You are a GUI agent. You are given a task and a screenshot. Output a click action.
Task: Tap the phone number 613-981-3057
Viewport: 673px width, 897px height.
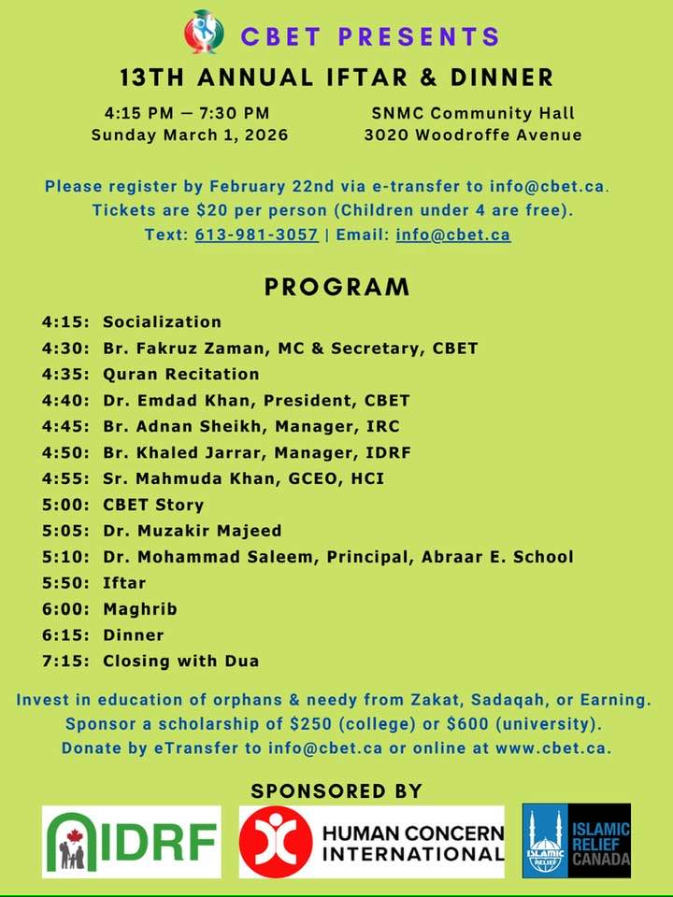pos(256,235)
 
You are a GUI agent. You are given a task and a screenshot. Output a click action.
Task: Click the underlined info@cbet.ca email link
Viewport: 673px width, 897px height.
pos(453,235)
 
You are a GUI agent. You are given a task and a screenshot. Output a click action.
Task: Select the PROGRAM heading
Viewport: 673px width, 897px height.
pos(336,287)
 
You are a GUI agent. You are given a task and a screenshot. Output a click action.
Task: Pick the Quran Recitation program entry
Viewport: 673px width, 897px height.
pos(181,375)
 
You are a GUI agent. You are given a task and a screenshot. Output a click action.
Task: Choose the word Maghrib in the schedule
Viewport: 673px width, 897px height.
pos(140,609)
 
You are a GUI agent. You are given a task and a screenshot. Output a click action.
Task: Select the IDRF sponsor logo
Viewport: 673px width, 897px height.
pos(132,841)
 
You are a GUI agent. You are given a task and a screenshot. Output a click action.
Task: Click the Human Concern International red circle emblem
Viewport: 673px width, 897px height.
pos(276,841)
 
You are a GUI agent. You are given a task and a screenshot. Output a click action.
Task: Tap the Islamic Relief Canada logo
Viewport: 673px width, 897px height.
pos(576,841)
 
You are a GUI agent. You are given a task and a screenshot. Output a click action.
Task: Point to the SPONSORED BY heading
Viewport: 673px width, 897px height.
pos(336,791)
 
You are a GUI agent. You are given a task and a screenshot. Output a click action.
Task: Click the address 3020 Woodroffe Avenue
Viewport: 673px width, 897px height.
pos(473,135)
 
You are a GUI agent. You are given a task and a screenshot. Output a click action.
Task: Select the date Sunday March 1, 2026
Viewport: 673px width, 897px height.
pos(190,135)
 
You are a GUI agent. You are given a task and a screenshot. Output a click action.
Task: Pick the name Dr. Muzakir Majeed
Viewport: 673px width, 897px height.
pos(193,531)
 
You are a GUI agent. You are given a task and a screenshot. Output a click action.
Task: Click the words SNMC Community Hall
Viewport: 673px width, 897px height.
pos(473,114)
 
